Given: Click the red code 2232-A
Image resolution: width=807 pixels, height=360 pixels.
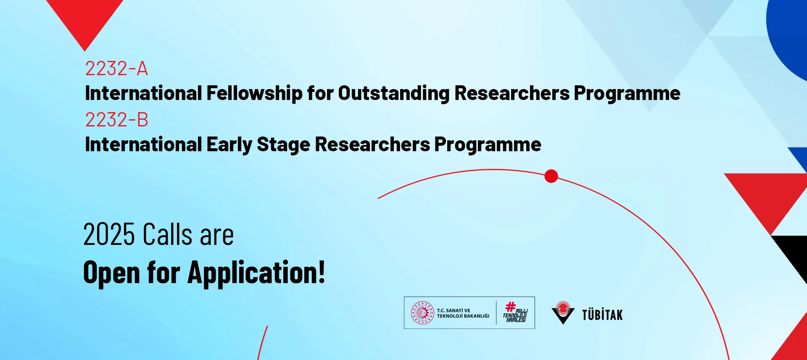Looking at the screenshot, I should [x=116, y=68].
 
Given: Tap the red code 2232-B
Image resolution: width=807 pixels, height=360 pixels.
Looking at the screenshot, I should [x=116, y=120].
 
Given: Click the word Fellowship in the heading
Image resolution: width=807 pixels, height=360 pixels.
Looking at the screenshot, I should [x=254, y=93].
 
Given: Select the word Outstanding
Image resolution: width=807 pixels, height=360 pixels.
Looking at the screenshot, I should [x=393, y=93].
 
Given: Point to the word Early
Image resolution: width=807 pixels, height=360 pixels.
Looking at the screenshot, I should [x=229, y=145].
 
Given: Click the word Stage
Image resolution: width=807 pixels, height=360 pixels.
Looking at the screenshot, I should [x=284, y=145].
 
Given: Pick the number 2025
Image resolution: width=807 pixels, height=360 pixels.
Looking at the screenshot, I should [x=109, y=234].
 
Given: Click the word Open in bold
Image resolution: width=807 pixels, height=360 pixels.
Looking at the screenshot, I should [x=111, y=273].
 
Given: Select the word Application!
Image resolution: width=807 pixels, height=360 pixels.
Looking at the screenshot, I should [x=256, y=273].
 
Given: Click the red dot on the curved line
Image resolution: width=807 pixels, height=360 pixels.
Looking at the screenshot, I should [x=551, y=176].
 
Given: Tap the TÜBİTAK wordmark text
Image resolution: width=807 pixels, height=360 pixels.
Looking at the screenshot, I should [x=602, y=315].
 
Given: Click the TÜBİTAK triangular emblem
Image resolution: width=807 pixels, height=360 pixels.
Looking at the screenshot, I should [x=563, y=313].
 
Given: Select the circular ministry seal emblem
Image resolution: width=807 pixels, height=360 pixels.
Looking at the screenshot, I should [x=422, y=313].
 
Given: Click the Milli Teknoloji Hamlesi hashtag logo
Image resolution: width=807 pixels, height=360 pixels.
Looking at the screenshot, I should [x=515, y=313].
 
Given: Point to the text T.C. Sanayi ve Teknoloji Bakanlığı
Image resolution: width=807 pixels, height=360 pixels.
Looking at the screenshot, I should [x=463, y=313].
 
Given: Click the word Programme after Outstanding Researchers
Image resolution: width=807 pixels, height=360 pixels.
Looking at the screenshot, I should [x=627, y=93].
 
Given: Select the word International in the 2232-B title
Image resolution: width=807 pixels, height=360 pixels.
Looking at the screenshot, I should [x=143, y=145].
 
